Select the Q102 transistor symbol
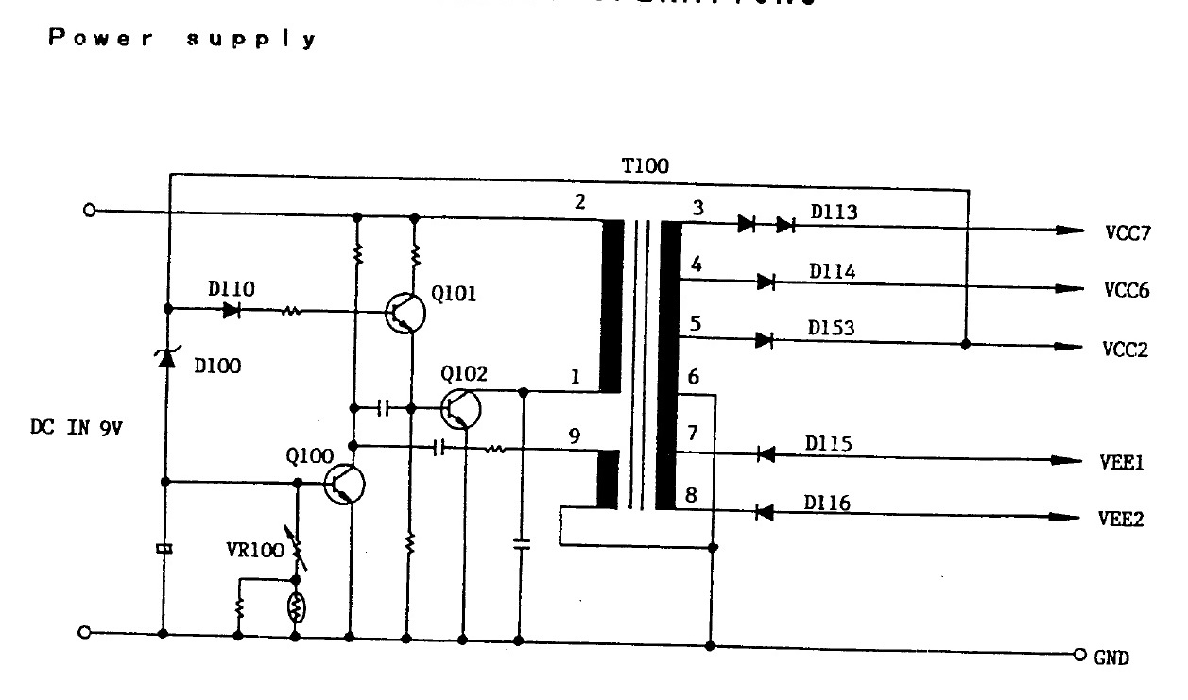461,408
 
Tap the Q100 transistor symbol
344,483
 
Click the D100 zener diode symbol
167,357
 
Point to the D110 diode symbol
232,309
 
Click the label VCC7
1127,233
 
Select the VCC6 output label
1127,290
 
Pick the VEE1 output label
1122,463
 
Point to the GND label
1111,657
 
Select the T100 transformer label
645,166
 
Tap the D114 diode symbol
766,281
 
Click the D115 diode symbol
766,455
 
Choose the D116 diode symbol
766,512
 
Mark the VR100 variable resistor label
254,550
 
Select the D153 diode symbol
766,339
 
